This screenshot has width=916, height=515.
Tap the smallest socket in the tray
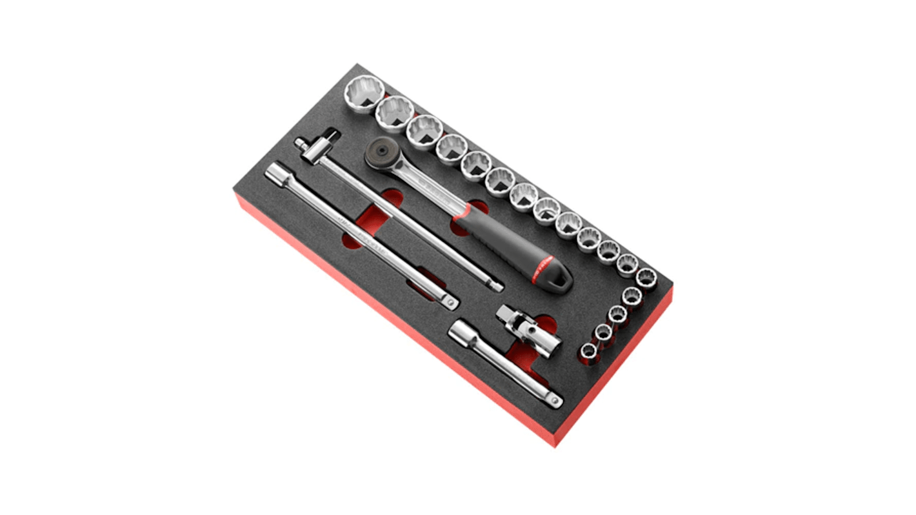tap(589, 352)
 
